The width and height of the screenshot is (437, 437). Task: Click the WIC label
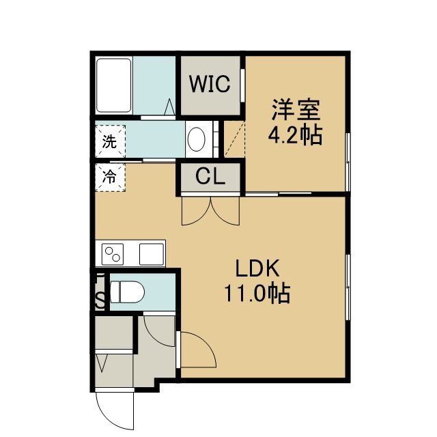(210, 83)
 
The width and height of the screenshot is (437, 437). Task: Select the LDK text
(257, 268)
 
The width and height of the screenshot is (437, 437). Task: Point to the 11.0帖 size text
(257, 294)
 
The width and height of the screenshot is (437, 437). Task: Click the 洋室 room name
(296, 109)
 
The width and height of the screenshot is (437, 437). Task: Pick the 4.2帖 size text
(295, 135)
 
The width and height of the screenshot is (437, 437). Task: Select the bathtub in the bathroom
(113, 85)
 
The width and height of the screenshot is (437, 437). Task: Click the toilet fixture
(128, 292)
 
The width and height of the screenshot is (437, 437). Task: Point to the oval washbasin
(196, 139)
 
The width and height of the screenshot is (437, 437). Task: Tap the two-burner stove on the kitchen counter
(113, 254)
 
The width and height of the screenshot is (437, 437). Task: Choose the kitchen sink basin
(152, 254)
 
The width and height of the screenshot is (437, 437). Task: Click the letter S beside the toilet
(100, 301)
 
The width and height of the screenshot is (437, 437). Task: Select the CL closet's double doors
(210, 211)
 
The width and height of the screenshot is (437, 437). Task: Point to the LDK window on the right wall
(348, 287)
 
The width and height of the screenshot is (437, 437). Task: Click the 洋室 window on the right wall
(348, 163)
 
